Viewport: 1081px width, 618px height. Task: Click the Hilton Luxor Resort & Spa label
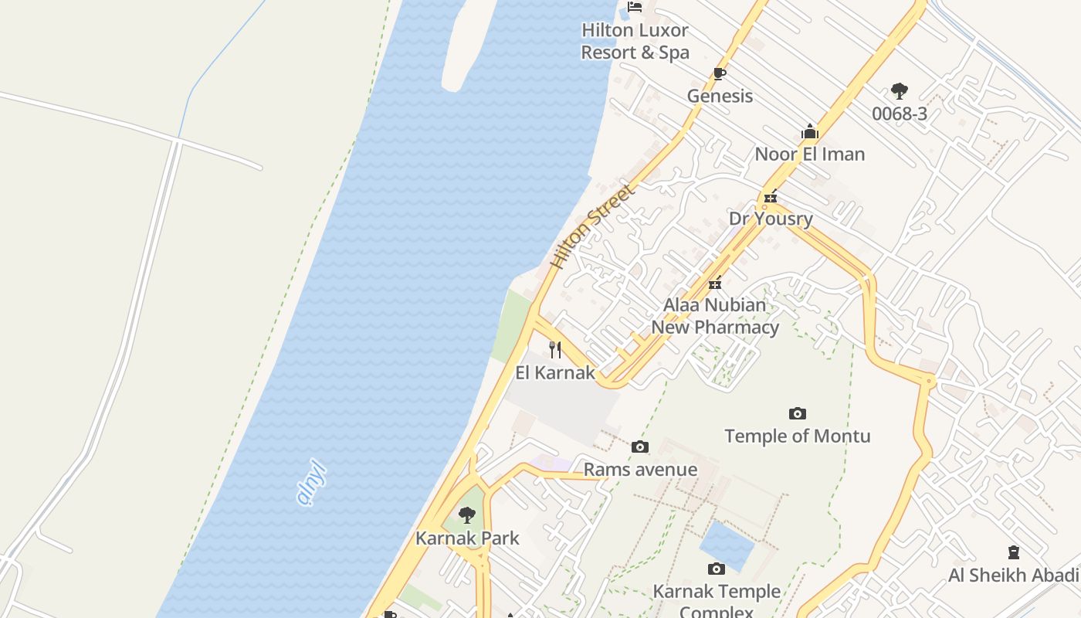635,42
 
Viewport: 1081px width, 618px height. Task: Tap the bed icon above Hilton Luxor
635,7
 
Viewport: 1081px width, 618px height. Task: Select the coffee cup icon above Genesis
720,74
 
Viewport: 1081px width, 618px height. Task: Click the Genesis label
720,96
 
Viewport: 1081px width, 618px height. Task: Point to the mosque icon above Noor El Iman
809,132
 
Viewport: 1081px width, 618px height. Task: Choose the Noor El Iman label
809,154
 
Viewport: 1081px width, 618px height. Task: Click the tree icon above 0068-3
899,92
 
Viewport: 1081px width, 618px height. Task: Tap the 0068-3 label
899,114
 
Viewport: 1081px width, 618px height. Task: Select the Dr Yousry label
771,219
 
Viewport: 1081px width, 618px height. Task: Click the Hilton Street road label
591,226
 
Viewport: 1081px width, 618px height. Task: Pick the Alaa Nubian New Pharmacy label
715,316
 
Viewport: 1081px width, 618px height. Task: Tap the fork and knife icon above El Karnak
555,350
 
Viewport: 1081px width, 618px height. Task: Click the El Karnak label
555,372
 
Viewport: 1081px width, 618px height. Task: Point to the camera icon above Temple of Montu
798,414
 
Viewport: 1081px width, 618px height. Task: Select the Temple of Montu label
798,436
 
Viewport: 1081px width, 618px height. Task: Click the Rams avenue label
640,470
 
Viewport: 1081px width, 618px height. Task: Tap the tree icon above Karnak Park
467,515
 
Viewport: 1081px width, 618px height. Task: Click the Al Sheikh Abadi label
1013,575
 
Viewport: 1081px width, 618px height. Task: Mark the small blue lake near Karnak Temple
727,546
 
